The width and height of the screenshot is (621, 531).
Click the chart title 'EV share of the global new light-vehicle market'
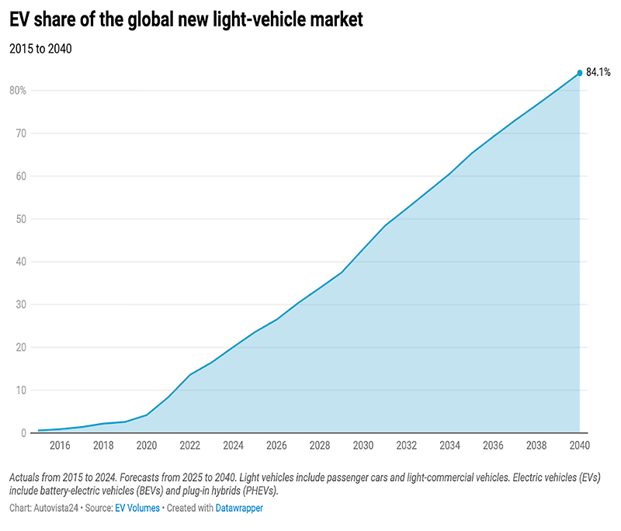[x=186, y=20]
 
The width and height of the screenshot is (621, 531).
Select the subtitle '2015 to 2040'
[x=40, y=49]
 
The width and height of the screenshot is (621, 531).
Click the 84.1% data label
[x=598, y=72]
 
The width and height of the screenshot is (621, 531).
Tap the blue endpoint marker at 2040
[x=579, y=73]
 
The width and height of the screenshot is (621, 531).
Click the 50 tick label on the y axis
[x=21, y=219]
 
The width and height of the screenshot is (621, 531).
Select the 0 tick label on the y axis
[x=23, y=433]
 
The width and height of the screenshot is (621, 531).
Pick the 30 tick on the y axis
[x=21, y=304]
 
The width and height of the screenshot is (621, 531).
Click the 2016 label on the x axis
[x=60, y=446]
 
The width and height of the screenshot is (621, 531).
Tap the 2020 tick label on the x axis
[x=146, y=446]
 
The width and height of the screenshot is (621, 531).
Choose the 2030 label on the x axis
[x=363, y=446]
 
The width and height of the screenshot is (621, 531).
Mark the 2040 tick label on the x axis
[x=578, y=446]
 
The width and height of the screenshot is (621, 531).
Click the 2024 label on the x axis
[x=233, y=446]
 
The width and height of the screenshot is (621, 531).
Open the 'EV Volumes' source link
[x=137, y=508]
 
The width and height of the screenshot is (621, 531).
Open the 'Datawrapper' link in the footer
[x=240, y=508]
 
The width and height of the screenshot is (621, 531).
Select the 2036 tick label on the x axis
[x=492, y=446]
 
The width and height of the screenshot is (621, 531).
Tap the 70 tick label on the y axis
[x=21, y=133]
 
